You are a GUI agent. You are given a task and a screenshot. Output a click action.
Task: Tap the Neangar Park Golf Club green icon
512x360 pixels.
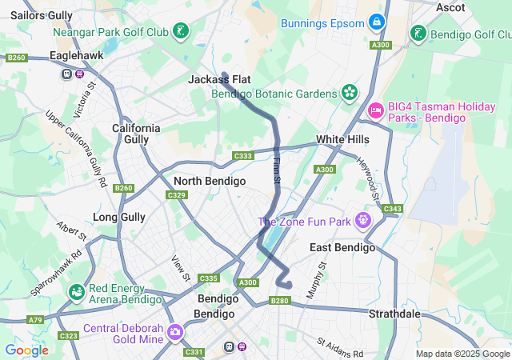coord(183,33)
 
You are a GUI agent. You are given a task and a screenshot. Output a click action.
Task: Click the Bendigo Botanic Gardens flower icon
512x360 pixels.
coord(349,94)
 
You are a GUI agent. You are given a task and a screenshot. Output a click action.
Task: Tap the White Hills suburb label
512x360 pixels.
coord(342,139)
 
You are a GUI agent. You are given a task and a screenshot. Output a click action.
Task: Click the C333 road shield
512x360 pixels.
coord(242,156)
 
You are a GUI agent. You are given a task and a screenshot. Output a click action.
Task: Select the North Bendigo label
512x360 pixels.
coord(209,181)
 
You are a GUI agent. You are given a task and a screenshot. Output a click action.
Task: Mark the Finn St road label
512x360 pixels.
coord(277,170)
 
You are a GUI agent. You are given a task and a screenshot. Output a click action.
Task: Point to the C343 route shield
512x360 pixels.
coord(392,209)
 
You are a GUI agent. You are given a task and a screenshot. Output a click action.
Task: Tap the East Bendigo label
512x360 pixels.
coord(342,247)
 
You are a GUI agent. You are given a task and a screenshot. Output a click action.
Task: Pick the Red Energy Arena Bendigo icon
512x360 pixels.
coord(77,293)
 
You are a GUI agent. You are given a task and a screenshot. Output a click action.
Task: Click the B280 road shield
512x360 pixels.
coord(279,301)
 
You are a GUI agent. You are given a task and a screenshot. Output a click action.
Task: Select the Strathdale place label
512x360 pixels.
coord(394,314)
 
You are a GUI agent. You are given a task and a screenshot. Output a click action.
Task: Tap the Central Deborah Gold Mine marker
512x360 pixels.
coord(174,331)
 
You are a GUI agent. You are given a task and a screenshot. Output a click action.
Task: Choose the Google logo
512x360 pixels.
coord(26,350)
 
